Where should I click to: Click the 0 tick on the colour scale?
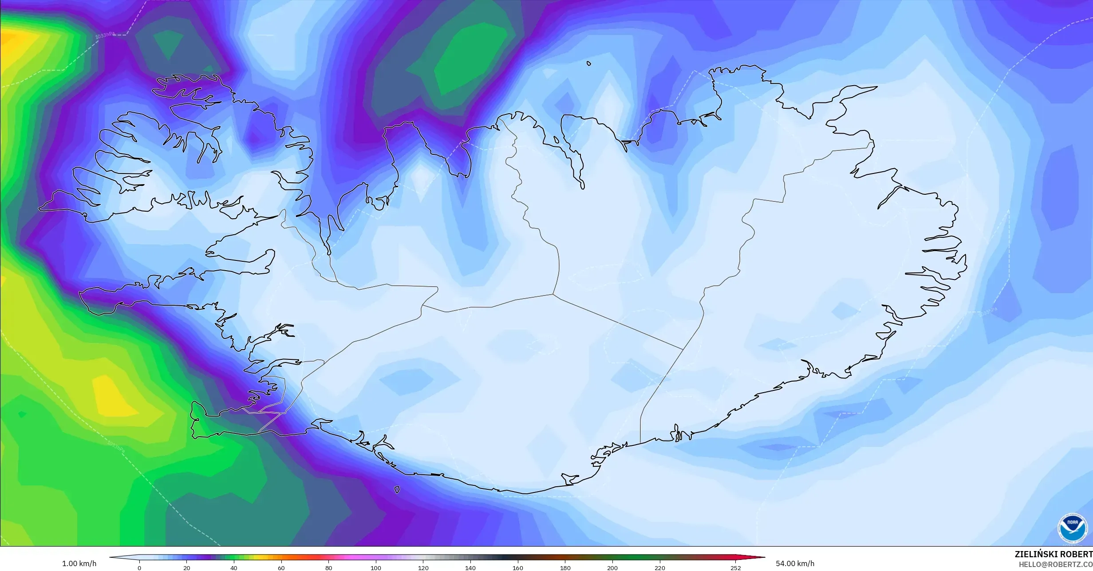coord(139,568)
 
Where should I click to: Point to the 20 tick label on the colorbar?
coord(187,568)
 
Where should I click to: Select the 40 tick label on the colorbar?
coord(234,568)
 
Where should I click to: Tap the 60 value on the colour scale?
coord(281,568)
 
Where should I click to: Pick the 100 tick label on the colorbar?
coord(376,568)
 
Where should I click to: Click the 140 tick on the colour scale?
coord(470,568)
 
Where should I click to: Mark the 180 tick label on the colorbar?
coord(565,568)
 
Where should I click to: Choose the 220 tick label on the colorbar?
coord(660,568)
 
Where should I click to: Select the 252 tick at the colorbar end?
coord(735,568)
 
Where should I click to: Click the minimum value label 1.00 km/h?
coord(79,564)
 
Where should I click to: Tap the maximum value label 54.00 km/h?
coord(795,564)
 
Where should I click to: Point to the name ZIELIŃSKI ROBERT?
coord(1054,554)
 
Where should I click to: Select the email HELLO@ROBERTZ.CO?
coord(1055,564)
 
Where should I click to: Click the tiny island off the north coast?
coord(589,63)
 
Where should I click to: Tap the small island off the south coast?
coord(397,490)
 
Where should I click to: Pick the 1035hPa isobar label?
coord(988,312)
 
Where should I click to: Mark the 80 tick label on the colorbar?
coord(328,568)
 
